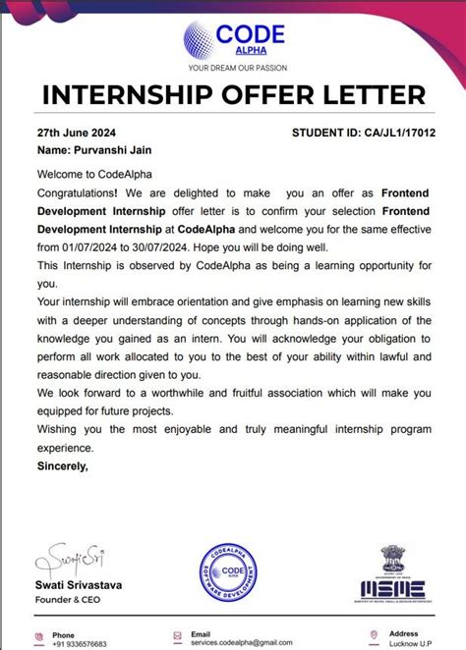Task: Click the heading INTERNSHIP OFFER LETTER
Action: (233, 96)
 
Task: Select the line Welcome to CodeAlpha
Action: (87, 175)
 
